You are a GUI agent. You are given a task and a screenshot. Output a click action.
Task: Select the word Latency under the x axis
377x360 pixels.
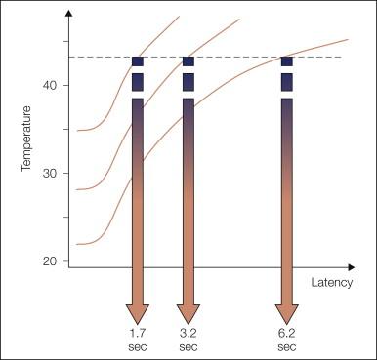pos(331,283)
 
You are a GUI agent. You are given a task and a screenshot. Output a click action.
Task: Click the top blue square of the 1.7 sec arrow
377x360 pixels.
pos(138,61)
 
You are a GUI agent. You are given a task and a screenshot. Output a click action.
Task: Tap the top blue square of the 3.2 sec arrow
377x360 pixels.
pos(188,61)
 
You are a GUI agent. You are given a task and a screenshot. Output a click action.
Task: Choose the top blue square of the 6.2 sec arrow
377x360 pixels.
pos(286,61)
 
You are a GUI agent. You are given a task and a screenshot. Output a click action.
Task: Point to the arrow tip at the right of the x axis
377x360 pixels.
pos(351,265)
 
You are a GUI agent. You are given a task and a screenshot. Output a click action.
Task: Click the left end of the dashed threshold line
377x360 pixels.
pos(71,57)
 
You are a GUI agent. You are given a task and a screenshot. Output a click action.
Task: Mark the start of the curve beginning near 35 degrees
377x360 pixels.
pos(77,130)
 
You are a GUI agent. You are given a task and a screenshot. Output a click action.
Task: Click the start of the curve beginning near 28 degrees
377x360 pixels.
pos(77,189)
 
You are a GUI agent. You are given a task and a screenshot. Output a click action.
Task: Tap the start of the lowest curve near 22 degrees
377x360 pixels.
pos(77,244)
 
